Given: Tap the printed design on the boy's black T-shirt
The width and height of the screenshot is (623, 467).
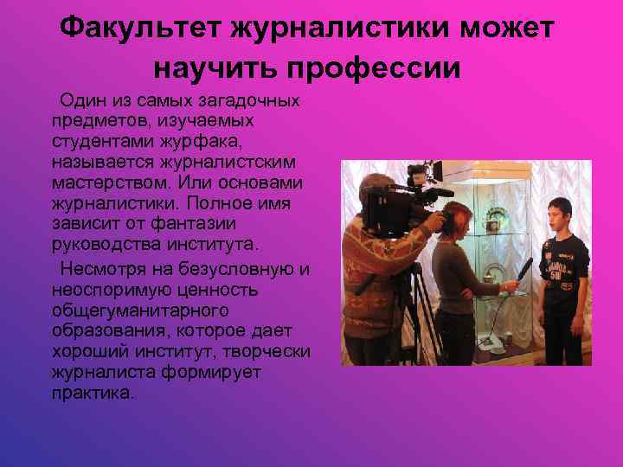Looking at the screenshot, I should pos(562,259).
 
